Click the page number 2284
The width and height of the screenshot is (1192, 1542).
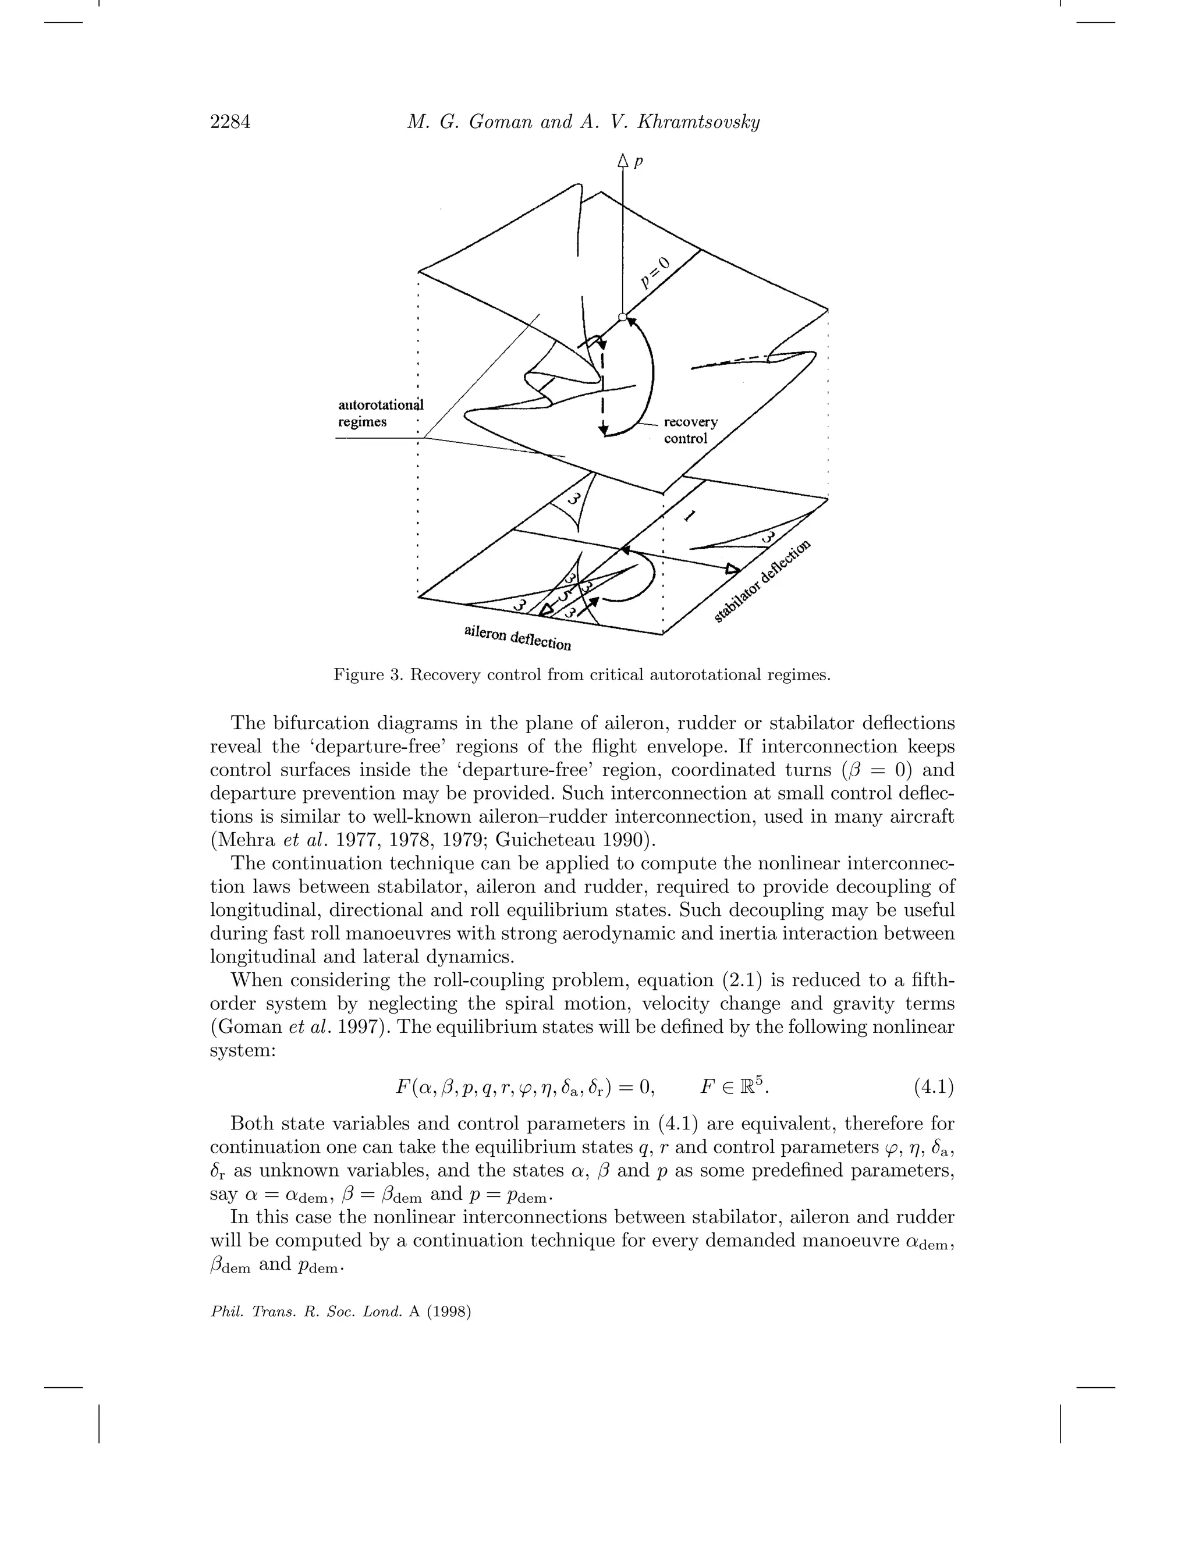[230, 123]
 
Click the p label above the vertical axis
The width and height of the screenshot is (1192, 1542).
[638, 162]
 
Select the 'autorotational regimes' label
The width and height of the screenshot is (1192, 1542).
[380, 414]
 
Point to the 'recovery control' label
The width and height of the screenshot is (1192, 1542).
[690, 430]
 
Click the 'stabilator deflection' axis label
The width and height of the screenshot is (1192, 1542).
[762, 581]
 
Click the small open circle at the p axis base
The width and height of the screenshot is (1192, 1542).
[622, 318]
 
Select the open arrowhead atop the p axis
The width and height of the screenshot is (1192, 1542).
[622, 162]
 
